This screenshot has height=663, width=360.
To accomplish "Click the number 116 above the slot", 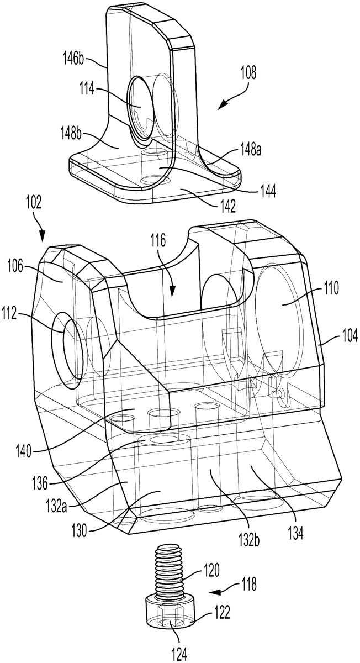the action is (158, 243).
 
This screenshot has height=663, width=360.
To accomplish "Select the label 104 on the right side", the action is (349, 336).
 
